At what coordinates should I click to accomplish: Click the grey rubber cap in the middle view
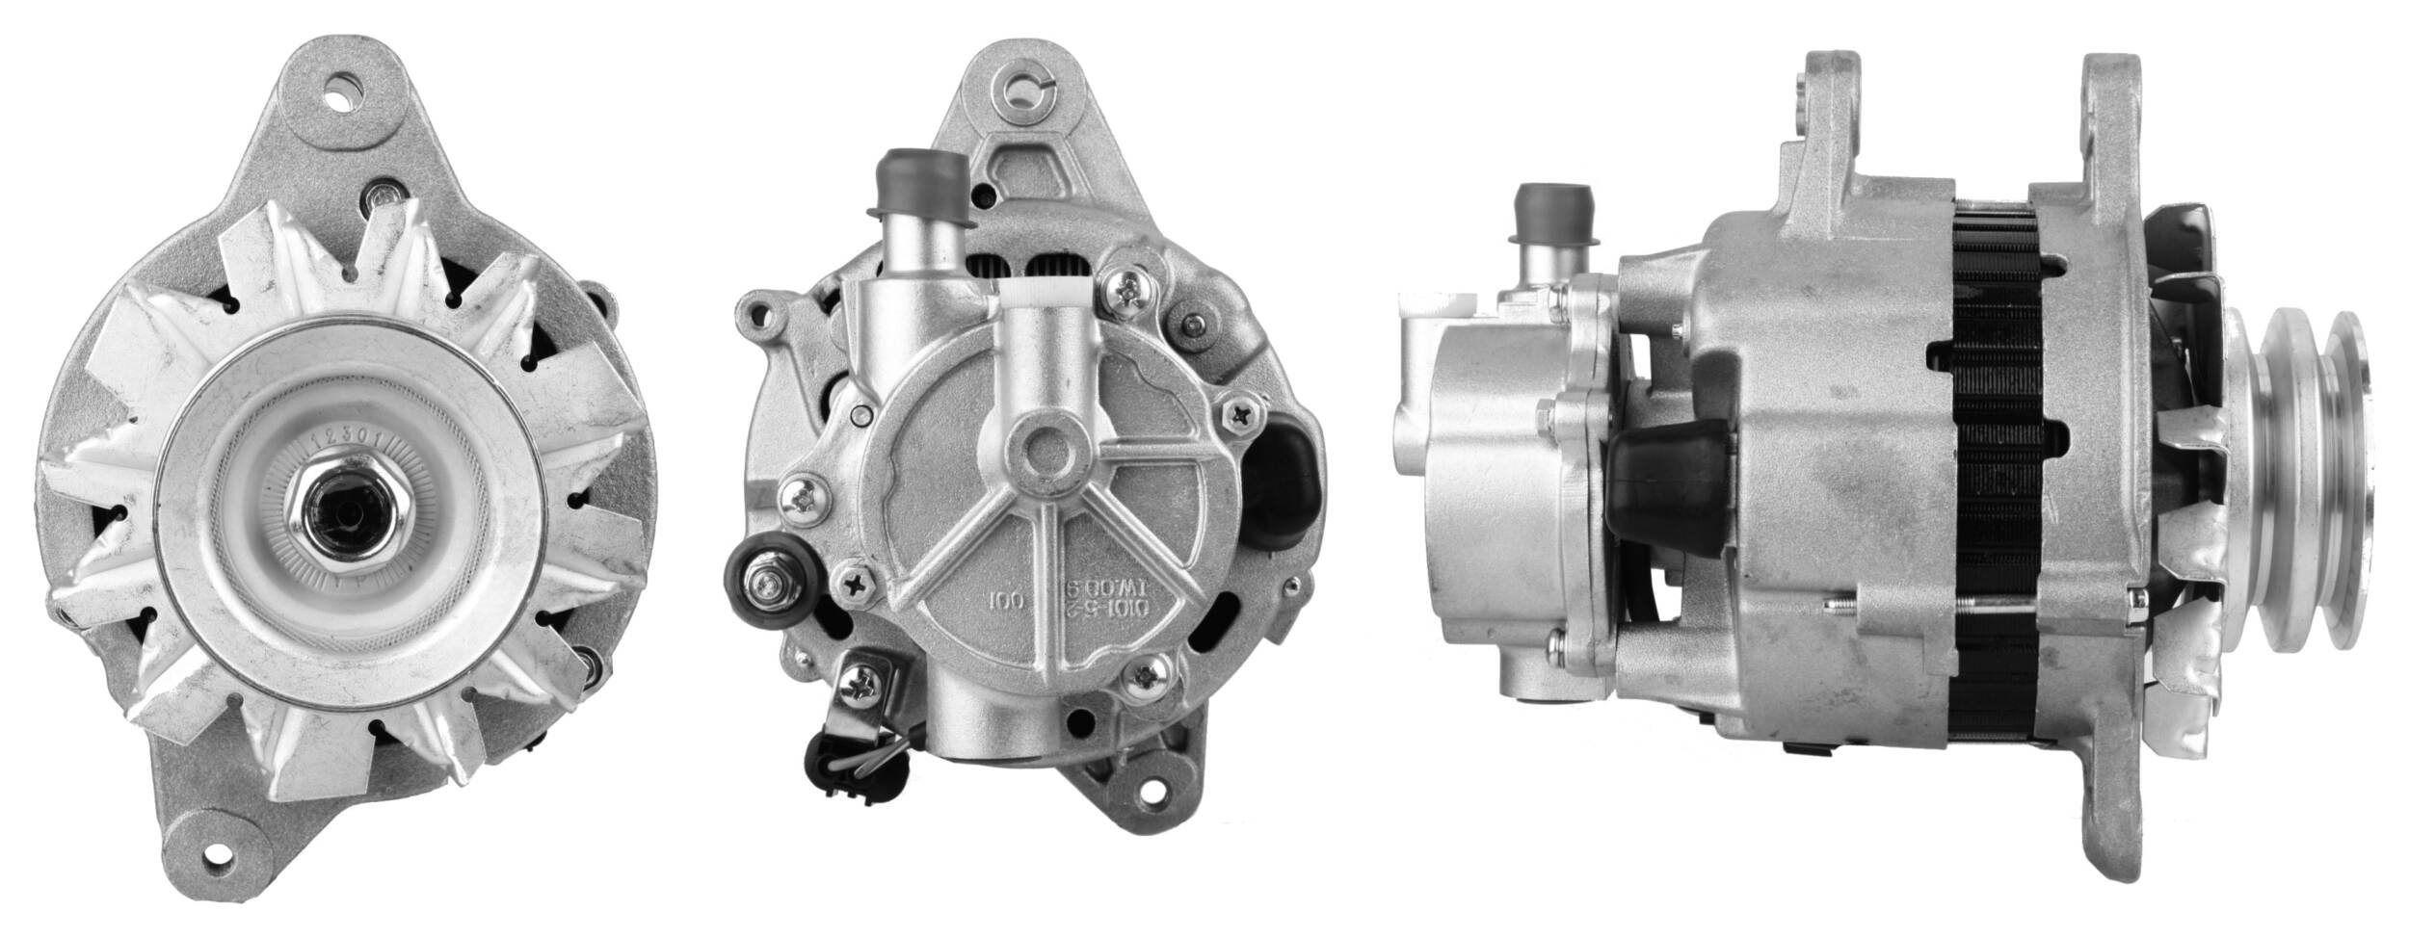pyautogui.click(x=906, y=183)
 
